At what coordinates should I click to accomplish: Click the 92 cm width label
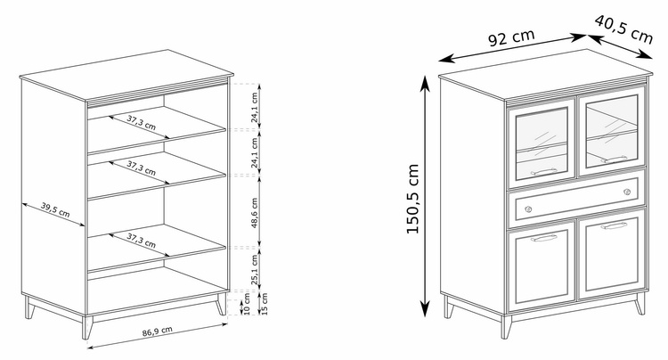511,37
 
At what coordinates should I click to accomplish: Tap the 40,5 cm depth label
623,29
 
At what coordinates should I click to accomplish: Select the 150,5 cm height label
412,199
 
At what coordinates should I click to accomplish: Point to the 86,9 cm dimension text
157,331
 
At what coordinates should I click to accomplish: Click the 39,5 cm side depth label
55,209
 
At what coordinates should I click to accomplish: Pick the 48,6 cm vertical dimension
255,213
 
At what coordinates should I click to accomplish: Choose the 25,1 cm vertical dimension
255,269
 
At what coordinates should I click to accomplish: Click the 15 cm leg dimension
265,304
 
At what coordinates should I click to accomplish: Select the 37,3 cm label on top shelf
141,123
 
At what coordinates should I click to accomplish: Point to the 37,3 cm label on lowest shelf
141,241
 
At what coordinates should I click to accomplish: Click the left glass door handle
544,172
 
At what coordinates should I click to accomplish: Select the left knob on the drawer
528,209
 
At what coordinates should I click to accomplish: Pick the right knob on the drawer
627,192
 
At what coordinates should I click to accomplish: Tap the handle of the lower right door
614,225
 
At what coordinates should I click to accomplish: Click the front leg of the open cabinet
87,327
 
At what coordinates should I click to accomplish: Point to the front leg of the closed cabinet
506,327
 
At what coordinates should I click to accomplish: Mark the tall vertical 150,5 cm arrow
425,196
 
